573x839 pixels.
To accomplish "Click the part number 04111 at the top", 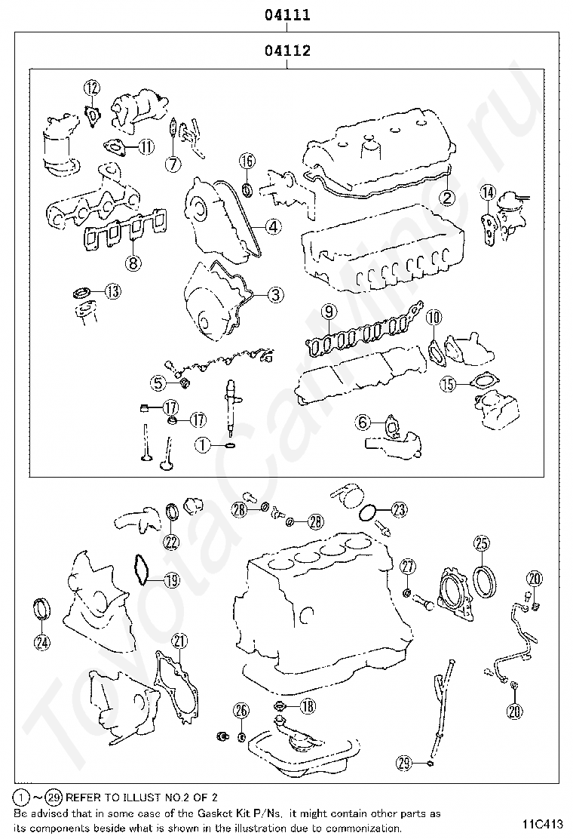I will click(287, 14).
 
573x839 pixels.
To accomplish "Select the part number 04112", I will click(287, 51).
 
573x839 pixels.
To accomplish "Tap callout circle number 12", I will click(92, 88).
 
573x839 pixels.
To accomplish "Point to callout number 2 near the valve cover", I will click(447, 198).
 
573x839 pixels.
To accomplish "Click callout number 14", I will click(489, 195).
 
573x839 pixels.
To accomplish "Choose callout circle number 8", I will click(133, 263).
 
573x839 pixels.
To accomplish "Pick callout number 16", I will click(247, 160).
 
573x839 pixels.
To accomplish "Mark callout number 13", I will click(112, 292).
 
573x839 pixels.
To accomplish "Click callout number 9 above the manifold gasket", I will click(328, 311).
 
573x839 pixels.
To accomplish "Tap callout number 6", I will click(363, 423).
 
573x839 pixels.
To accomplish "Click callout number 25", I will click(481, 542).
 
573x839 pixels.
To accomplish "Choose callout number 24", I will click(41, 642).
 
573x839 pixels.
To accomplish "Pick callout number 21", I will click(179, 641).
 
